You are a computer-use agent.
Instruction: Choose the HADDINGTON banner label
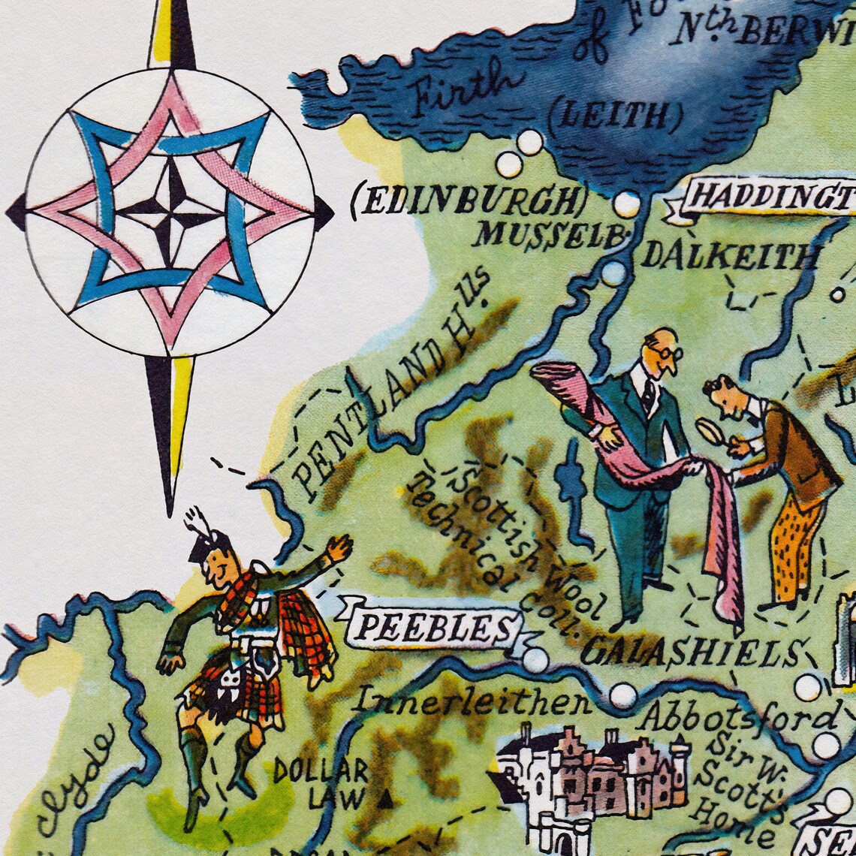(770, 197)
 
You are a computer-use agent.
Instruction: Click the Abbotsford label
(739, 717)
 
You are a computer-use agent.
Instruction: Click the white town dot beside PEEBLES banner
(535, 660)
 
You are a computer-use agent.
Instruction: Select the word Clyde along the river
(75, 781)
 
